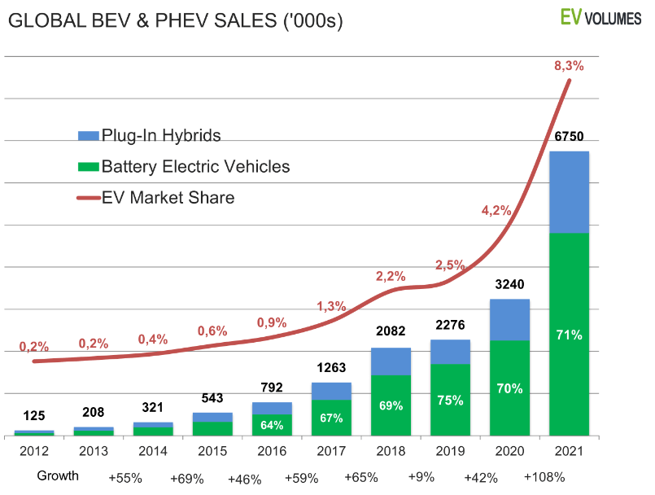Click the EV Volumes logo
600,17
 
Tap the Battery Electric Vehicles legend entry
183,167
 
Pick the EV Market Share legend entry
155,198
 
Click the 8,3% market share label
569,66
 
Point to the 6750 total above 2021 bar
569,137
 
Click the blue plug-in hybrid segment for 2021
569,192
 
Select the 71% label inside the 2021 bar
569,335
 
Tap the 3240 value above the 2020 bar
509,285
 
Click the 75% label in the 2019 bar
450,400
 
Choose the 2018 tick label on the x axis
391,449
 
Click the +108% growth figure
544,477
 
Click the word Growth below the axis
58,476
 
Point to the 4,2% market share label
496,210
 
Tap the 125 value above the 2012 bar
34,416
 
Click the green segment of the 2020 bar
509,388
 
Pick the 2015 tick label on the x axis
212,449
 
